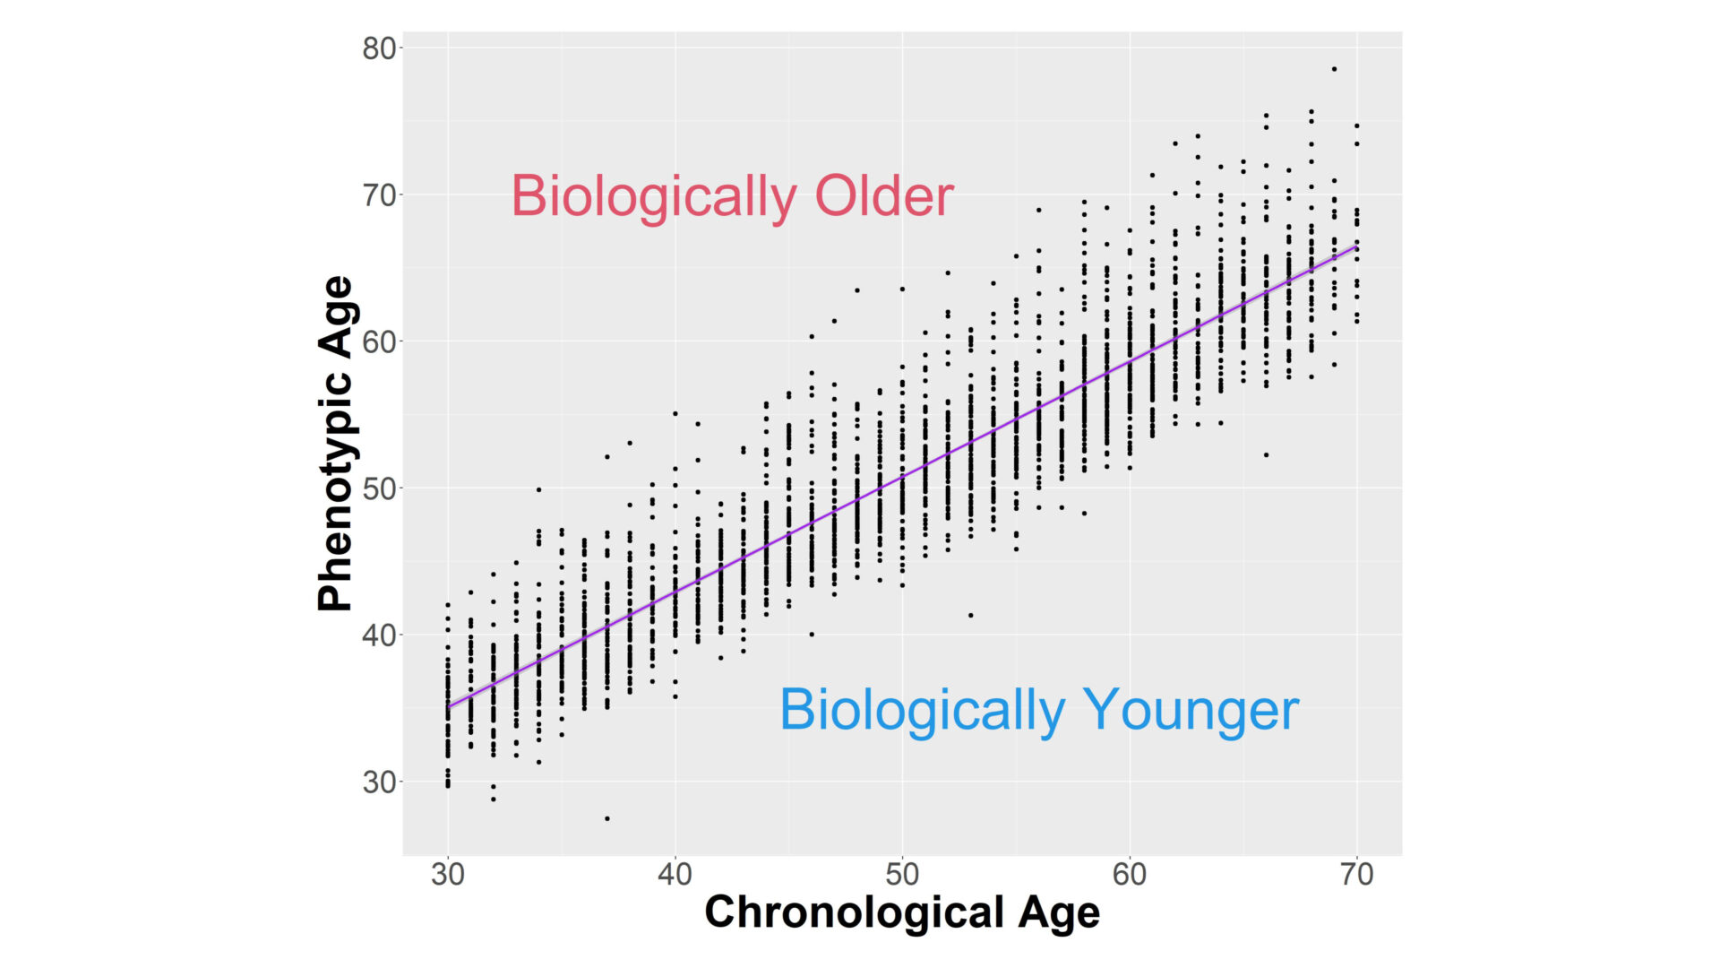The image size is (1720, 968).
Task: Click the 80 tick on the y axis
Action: click(379, 48)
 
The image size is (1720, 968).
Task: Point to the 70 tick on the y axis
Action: click(379, 194)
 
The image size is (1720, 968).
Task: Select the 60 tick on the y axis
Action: click(379, 341)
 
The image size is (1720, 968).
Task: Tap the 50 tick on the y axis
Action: click(379, 488)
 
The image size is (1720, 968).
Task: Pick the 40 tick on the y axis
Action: click(379, 635)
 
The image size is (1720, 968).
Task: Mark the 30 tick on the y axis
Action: click(379, 782)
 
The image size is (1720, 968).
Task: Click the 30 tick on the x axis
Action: click(448, 874)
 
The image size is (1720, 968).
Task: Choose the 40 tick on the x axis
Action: click(675, 874)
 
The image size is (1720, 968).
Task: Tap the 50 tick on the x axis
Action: click(902, 874)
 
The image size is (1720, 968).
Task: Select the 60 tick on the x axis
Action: click(1130, 874)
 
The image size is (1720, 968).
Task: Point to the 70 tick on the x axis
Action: click(1357, 874)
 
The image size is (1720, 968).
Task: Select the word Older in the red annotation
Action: click(883, 196)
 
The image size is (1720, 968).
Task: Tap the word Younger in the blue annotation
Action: click(1191, 710)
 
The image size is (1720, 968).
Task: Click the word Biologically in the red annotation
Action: click(654, 196)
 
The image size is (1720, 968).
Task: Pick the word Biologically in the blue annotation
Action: click(923, 710)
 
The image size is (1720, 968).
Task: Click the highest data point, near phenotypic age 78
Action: click(1334, 69)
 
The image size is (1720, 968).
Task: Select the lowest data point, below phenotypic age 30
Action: click(607, 818)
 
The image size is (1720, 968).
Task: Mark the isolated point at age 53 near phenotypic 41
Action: click(970, 615)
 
